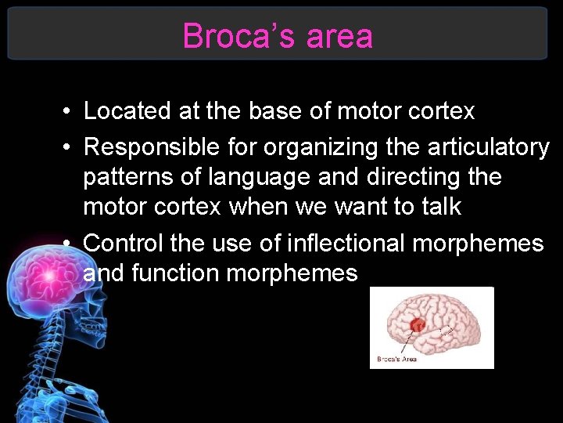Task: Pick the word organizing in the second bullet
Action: [305, 146]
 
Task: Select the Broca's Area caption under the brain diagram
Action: [397, 359]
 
